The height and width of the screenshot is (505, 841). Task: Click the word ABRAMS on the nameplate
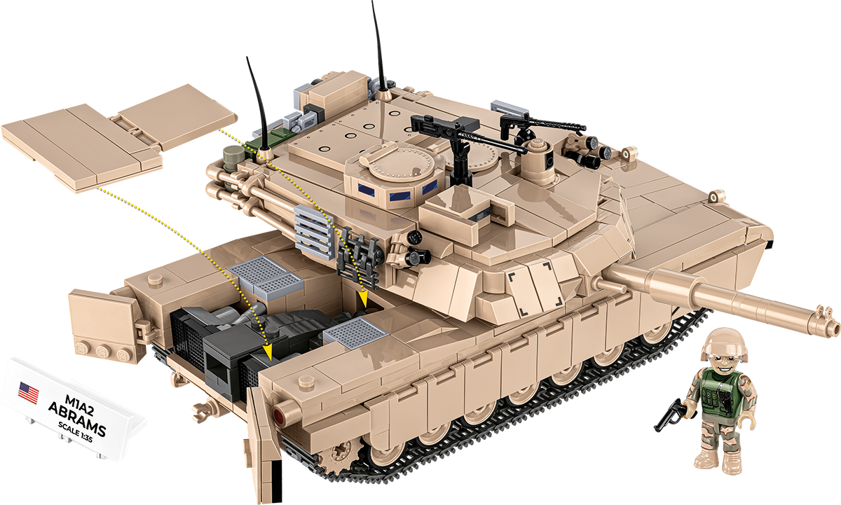pos(78,420)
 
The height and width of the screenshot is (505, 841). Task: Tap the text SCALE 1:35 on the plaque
pos(75,432)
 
